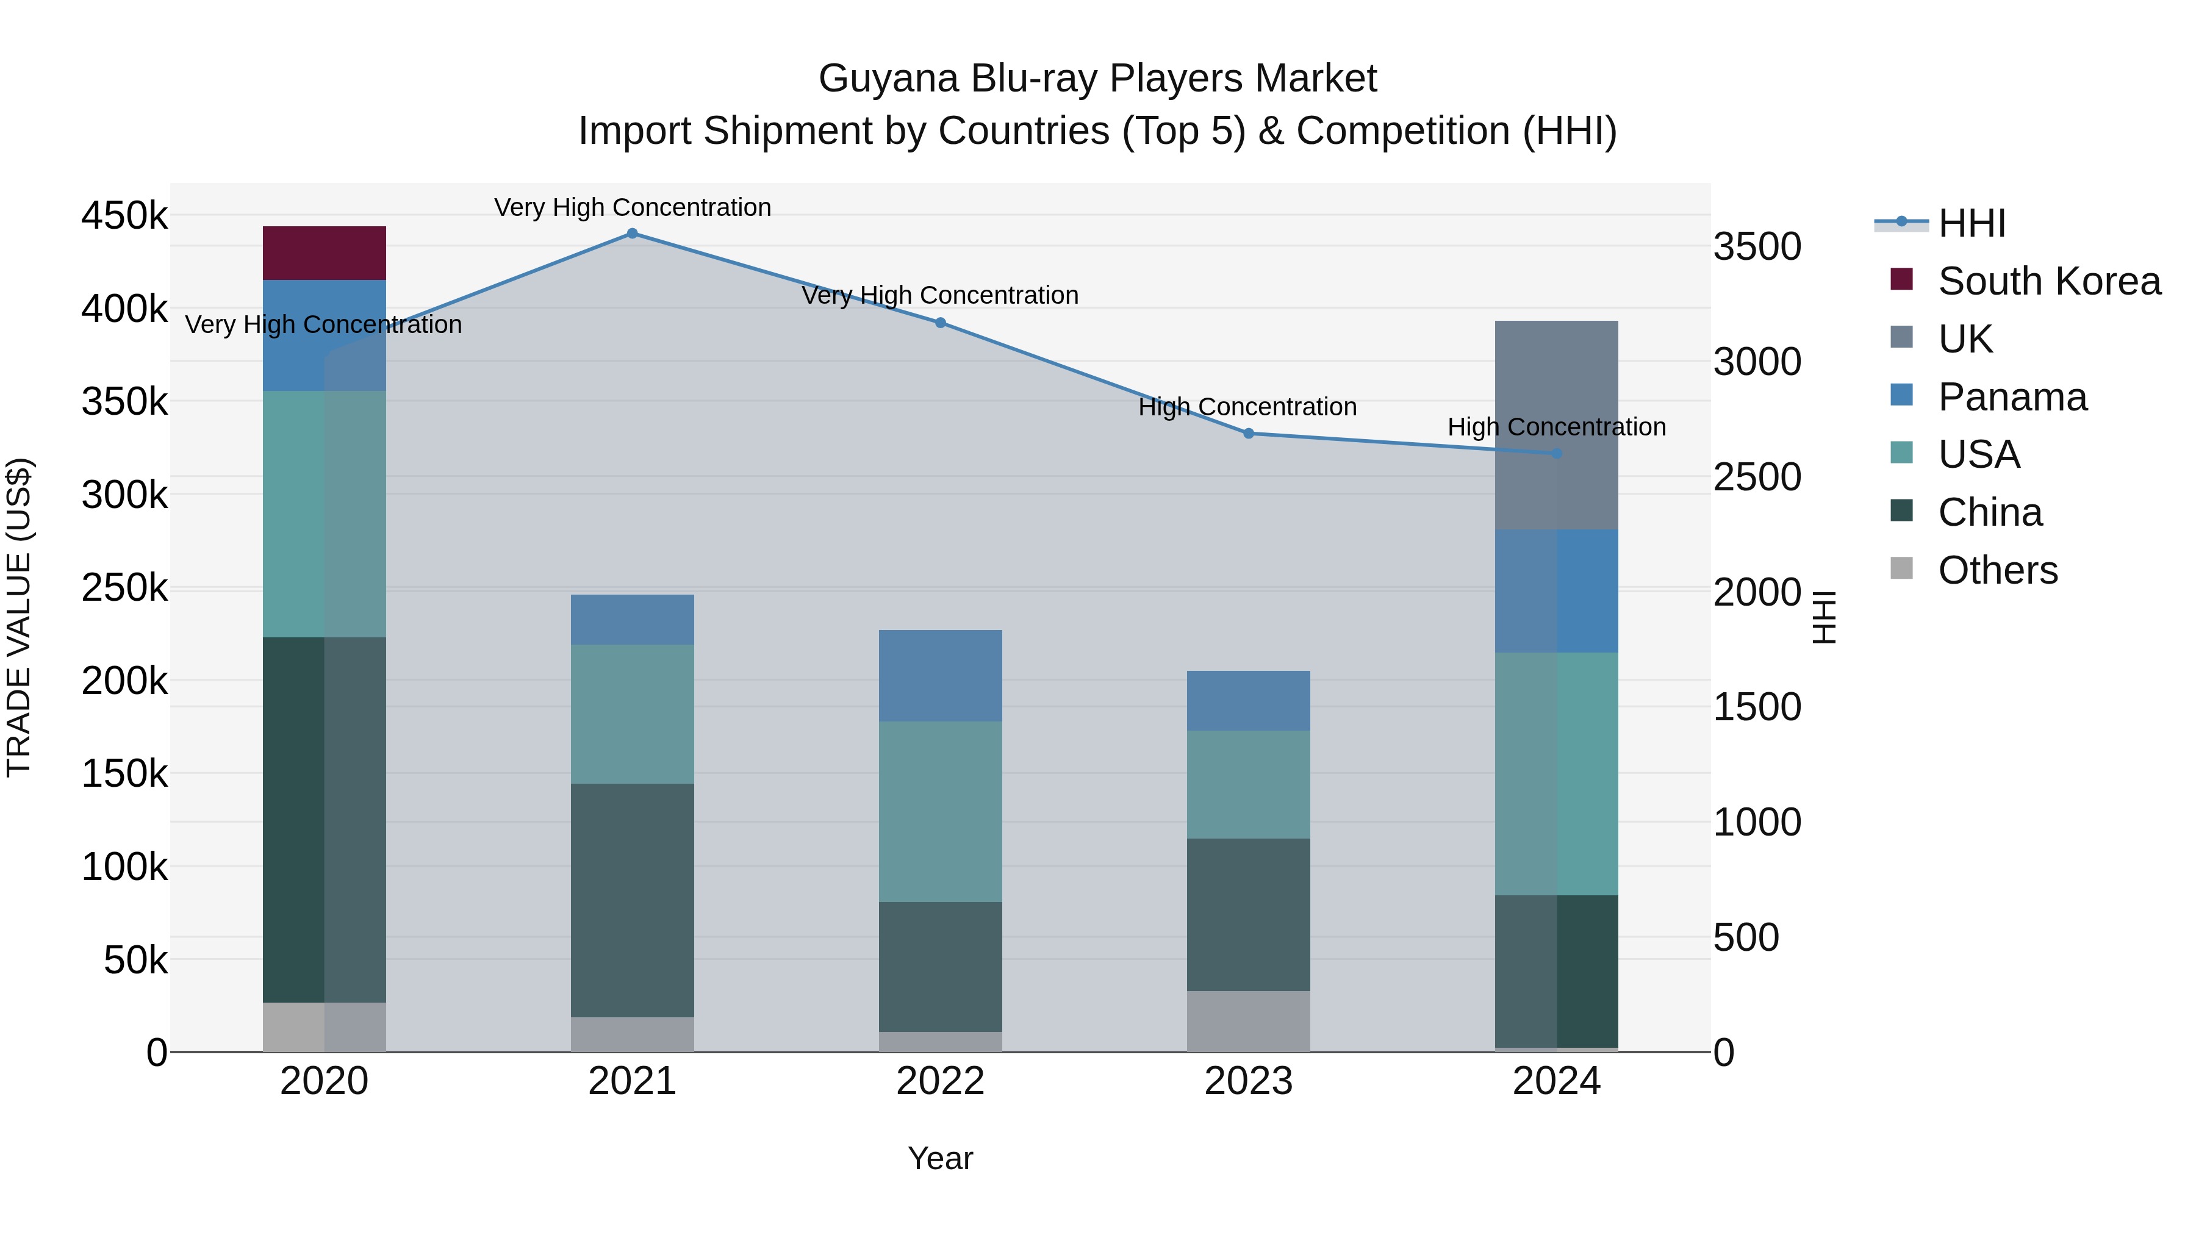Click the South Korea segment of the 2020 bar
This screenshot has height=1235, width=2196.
(324, 253)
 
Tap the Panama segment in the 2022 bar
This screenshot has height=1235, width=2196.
(939, 676)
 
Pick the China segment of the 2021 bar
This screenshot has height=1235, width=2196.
(632, 900)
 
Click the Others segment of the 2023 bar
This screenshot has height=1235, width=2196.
(1248, 1020)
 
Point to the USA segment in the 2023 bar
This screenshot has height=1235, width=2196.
(1248, 784)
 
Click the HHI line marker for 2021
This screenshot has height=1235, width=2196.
(632, 234)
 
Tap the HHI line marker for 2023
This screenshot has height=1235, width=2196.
(1248, 434)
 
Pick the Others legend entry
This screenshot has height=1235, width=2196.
(1997, 570)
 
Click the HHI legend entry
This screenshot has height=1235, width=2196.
(1971, 223)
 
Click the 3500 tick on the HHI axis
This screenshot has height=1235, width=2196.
(1757, 247)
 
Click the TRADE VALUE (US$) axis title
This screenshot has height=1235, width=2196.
(19, 617)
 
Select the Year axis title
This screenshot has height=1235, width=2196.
(939, 1158)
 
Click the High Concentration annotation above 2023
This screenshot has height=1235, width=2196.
(1247, 407)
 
